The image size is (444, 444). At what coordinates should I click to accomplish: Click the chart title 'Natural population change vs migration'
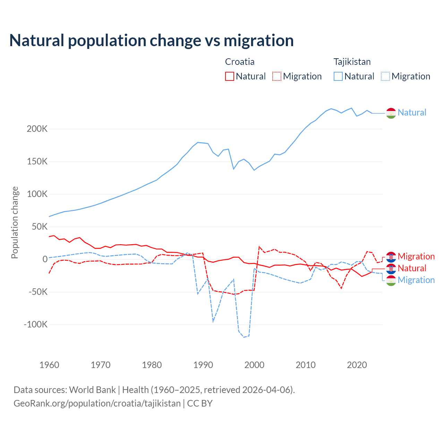[151, 41]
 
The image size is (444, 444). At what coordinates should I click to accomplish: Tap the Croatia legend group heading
[240, 62]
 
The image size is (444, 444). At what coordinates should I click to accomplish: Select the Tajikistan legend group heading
[352, 62]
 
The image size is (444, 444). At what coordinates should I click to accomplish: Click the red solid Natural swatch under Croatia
[230, 76]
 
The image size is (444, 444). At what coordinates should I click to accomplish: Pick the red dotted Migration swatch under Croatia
[277, 76]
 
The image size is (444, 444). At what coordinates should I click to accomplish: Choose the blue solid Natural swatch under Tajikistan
[338, 76]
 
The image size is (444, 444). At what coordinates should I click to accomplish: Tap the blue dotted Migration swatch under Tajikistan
[385, 76]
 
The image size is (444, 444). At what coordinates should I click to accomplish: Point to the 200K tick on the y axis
[37, 129]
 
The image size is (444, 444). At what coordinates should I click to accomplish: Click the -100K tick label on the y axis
[36, 325]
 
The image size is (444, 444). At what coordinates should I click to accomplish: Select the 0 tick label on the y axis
[45, 259]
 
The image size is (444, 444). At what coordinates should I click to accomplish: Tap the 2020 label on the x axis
[357, 365]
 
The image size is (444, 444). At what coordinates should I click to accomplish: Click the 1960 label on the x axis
[49, 365]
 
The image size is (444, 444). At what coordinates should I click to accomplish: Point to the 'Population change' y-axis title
[15, 222]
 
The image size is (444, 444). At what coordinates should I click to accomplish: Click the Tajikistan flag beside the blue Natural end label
[391, 113]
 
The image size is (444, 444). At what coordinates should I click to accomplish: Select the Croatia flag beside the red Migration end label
[391, 257]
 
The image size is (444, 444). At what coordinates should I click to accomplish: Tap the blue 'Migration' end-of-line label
[416, 280]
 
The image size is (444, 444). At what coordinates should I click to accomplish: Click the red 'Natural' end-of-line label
[412, 268]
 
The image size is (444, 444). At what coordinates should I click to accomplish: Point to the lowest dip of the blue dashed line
[244, 337]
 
